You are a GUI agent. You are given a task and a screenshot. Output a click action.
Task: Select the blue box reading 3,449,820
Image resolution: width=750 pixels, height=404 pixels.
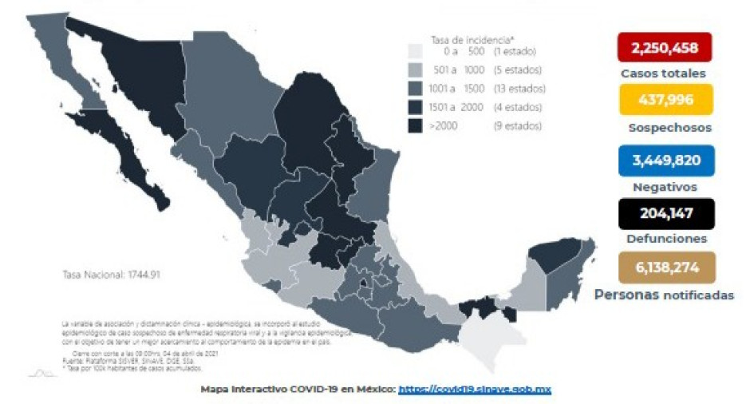pyautogui.click(x=665, y=160)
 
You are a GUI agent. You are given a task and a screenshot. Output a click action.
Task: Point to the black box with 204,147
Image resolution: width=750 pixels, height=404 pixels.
pyautogui.click(x=665, y=213)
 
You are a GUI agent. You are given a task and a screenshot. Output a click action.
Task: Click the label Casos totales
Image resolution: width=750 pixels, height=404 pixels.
pyautogui.click(x=663, y=73)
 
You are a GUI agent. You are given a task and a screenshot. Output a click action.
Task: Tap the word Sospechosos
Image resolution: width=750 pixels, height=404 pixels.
pyautogui.click(x=669, y=127)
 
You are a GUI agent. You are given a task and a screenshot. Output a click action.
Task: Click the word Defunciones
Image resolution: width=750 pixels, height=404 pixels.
pyautogui.click(x=666, y=238)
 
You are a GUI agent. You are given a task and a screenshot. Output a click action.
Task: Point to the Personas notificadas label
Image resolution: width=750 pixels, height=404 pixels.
pyautogui.click(x=663, y=295)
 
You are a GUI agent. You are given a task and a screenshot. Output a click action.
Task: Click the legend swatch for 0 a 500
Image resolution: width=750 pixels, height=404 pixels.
pyautogui.click(x=415, y=51)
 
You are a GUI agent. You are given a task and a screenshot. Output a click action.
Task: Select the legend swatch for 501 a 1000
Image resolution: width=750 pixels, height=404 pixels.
pyautogui.click(x=415, y=69)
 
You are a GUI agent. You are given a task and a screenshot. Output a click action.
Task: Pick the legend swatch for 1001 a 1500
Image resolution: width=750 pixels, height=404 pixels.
pyautogui.click(x=415, y=88)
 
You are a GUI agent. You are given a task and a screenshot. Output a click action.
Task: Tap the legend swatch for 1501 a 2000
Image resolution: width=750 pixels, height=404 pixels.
pyautogui.click(x=415, y=106)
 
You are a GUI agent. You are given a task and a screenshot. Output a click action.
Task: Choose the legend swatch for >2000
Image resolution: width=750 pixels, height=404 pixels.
pyautogui.click(x=415, y=125)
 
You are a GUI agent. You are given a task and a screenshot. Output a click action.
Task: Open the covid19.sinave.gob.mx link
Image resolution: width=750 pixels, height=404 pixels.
pyautogui.click(x=475, y=389)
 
